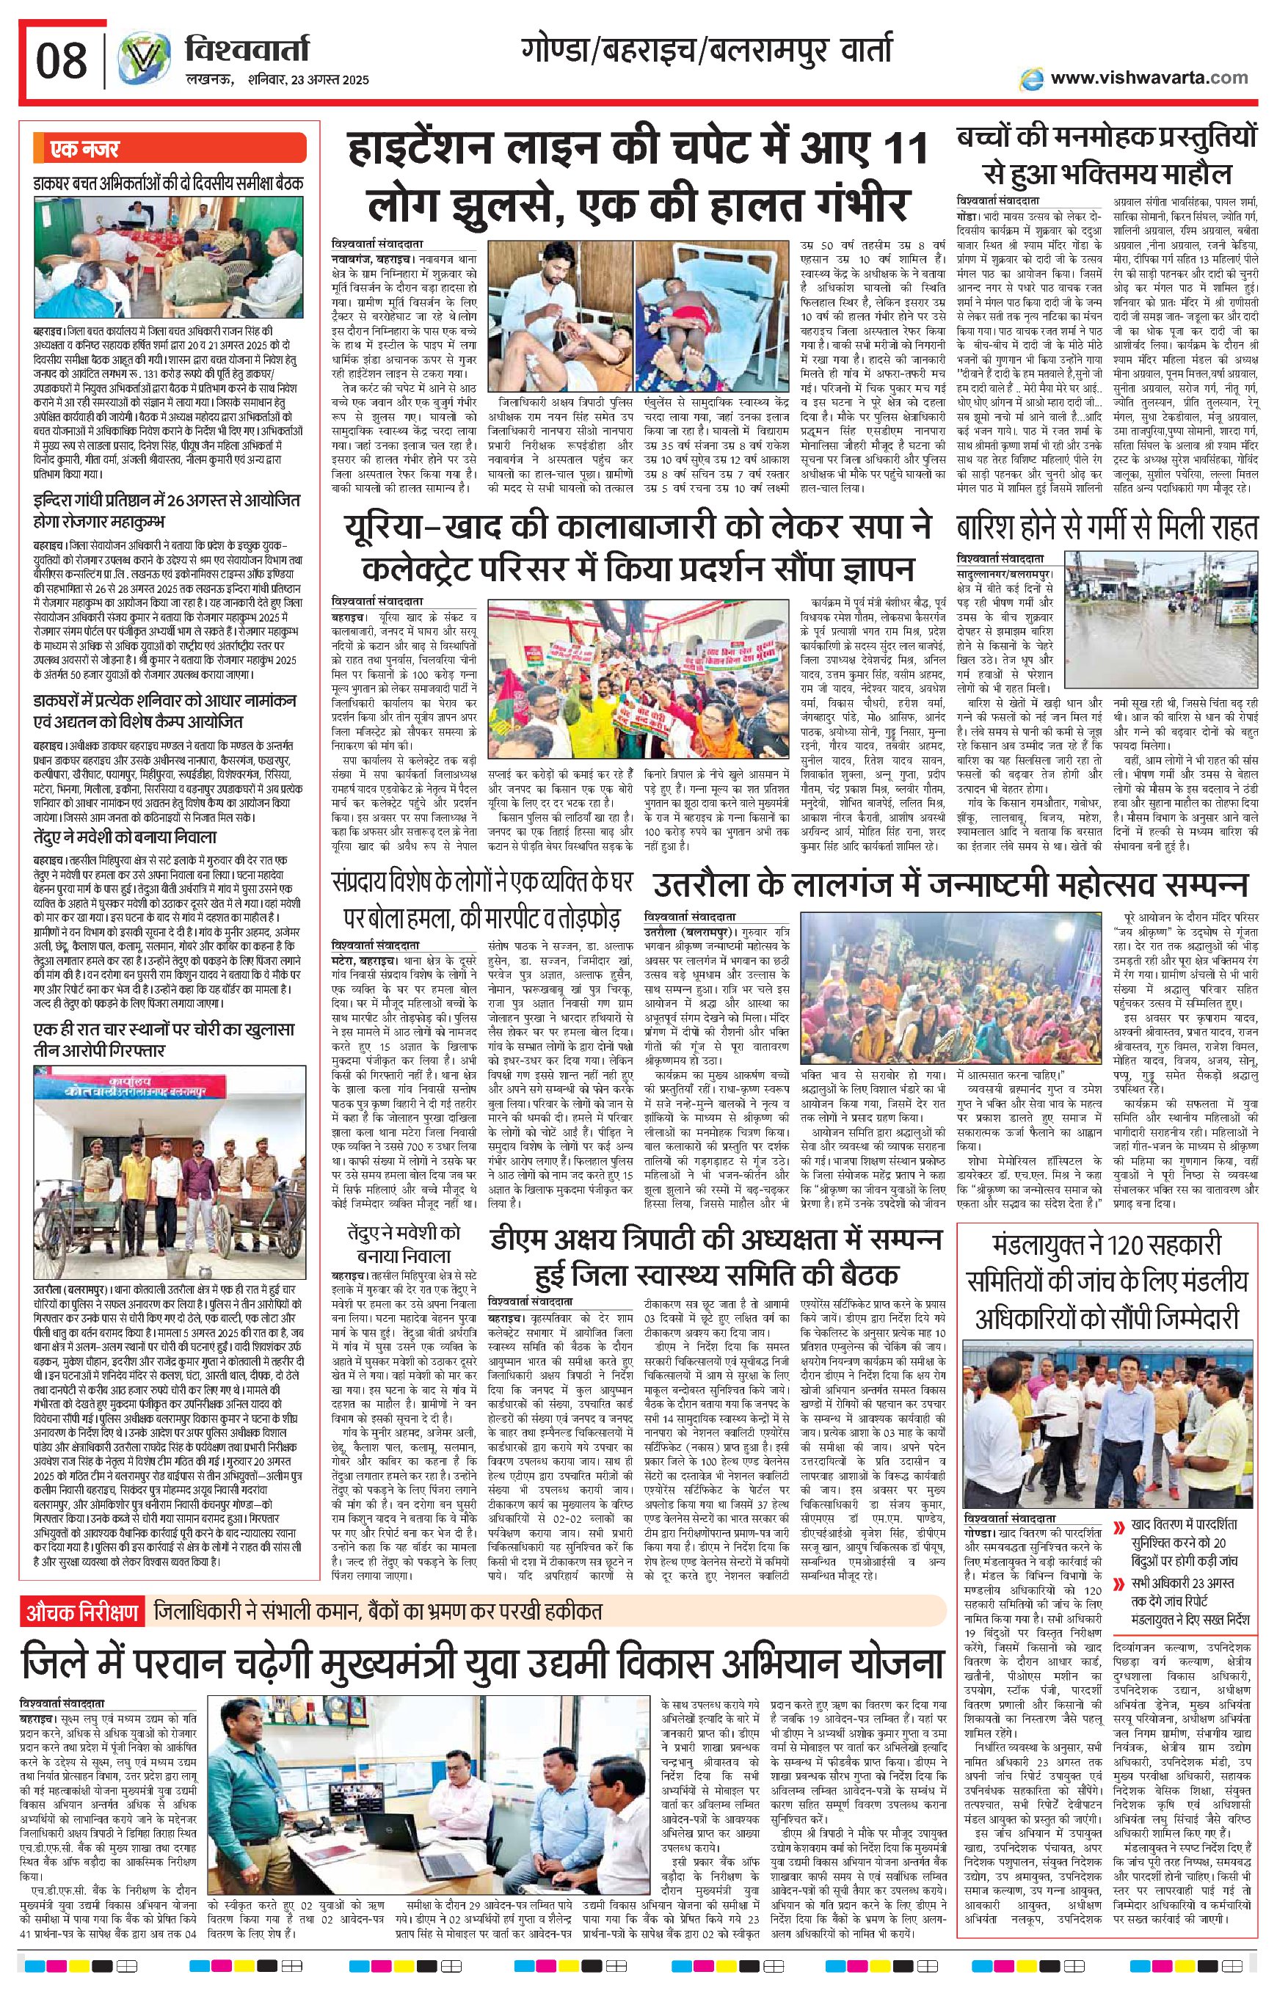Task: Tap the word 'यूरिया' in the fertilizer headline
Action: click(x=396, y=528)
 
